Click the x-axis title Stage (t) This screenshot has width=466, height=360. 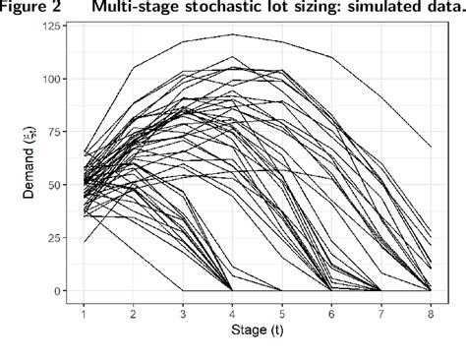click(257, 330)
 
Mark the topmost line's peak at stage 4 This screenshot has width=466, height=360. click(232, 34)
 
